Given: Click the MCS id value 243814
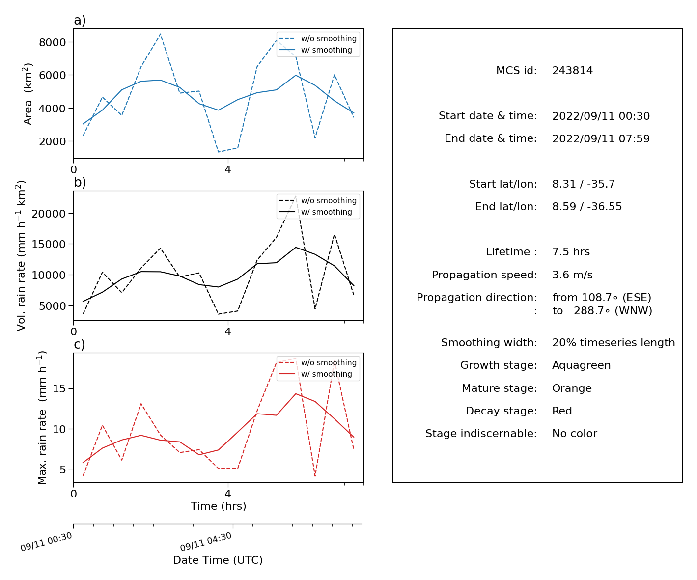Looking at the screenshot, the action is tap(572, 70).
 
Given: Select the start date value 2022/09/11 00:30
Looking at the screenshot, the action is tap(601, 116).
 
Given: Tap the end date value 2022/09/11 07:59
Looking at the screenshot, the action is tap(601, 138).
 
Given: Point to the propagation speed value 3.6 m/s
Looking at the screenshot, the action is tap(572, 275).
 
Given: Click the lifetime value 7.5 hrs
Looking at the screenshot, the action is tap(571, 251).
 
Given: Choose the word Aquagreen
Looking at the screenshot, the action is tap(581, 365).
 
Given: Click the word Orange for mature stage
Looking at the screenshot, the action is tap(572, 388).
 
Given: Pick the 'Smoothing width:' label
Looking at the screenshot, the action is tap(489, 343).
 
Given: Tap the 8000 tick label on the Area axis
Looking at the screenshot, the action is tap(53, 42).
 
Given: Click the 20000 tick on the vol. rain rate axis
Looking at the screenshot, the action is tap(49, 214).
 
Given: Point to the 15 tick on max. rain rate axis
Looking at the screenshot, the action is tap(59, 389).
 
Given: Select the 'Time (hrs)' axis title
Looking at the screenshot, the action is tap(218, 506).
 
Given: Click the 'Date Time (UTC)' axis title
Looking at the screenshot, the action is tap(218, 560).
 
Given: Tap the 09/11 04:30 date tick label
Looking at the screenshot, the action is tap(206, 542).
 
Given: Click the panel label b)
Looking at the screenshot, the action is tap(80, 182).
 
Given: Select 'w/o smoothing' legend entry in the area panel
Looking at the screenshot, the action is tap(318, 39).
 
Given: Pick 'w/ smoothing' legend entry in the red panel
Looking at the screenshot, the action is tap(315, 374).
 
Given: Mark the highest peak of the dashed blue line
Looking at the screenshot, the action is tap(161, 34).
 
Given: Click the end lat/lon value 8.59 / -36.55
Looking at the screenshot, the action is tap(587, 207).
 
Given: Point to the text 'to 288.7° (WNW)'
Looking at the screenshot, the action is tap(602, 311).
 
